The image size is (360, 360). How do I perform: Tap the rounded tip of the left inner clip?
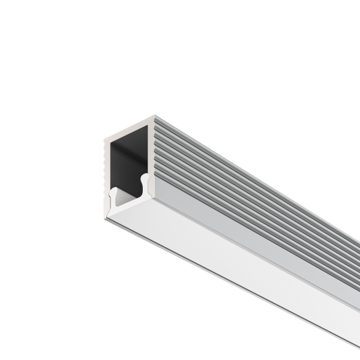pyautogui.click(x=112, y=191)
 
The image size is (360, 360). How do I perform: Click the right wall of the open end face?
pyautogui.click(x=151, y=150)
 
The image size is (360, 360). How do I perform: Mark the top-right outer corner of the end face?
pyautogui.click(x=154, y=116)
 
